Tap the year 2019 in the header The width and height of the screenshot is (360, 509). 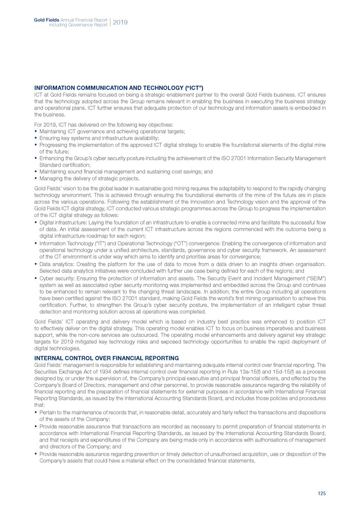(120, 22)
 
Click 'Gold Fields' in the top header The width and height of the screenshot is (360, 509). (45, 19)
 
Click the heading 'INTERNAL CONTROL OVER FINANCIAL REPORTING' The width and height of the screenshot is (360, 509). (107, 358)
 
